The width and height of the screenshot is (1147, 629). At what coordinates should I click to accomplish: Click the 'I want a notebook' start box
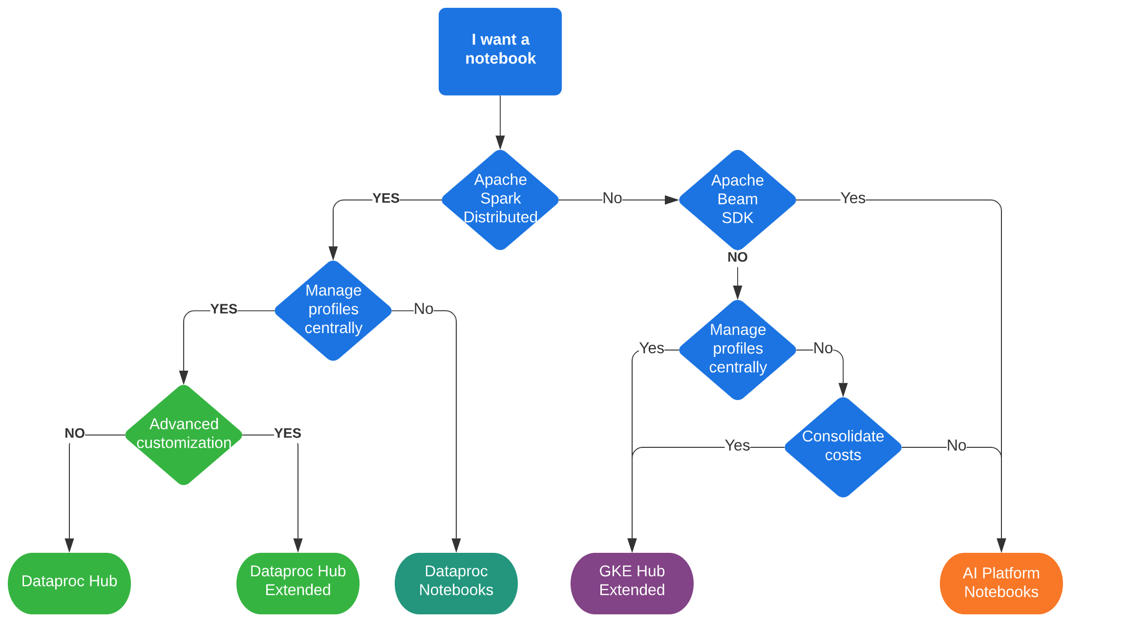(500, 51)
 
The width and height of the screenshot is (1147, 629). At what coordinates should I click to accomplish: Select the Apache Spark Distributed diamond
(500, 199)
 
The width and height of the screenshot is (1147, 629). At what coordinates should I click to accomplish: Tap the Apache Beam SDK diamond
(737, 200)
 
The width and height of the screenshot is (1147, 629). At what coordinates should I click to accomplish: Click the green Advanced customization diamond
(184, 434)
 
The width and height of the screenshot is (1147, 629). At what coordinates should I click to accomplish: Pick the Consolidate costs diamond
(843, 446)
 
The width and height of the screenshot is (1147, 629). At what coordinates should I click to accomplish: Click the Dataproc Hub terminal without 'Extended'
(69, 583)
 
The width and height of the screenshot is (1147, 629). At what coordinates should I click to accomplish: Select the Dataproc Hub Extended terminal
(297, 583)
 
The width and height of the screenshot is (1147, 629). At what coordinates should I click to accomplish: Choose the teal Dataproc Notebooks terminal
(456, 583)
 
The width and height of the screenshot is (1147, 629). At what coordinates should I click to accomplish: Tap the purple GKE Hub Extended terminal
(632, 583)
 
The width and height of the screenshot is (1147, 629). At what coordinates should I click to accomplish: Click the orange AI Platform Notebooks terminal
(1001, 583)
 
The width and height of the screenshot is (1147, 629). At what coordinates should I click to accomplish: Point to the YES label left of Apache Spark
(385, 198)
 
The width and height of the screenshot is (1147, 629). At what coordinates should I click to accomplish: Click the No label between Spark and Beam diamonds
(612, 198)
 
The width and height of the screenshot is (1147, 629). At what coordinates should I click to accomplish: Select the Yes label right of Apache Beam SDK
(852, 198)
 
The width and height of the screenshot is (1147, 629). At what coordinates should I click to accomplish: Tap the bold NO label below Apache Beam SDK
(737, 257)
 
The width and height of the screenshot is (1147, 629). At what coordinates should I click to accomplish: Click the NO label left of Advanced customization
(75, 433)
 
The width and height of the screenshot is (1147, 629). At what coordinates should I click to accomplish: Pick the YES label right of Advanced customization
(287, 433)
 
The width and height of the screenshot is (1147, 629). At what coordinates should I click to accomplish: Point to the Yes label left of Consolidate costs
(737, 445)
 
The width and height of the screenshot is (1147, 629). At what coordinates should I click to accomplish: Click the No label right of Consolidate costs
(956, 445)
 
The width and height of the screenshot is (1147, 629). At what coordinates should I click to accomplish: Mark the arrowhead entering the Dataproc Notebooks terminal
(456, 545)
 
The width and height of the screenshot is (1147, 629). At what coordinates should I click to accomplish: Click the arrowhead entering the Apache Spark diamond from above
(500, 143)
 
